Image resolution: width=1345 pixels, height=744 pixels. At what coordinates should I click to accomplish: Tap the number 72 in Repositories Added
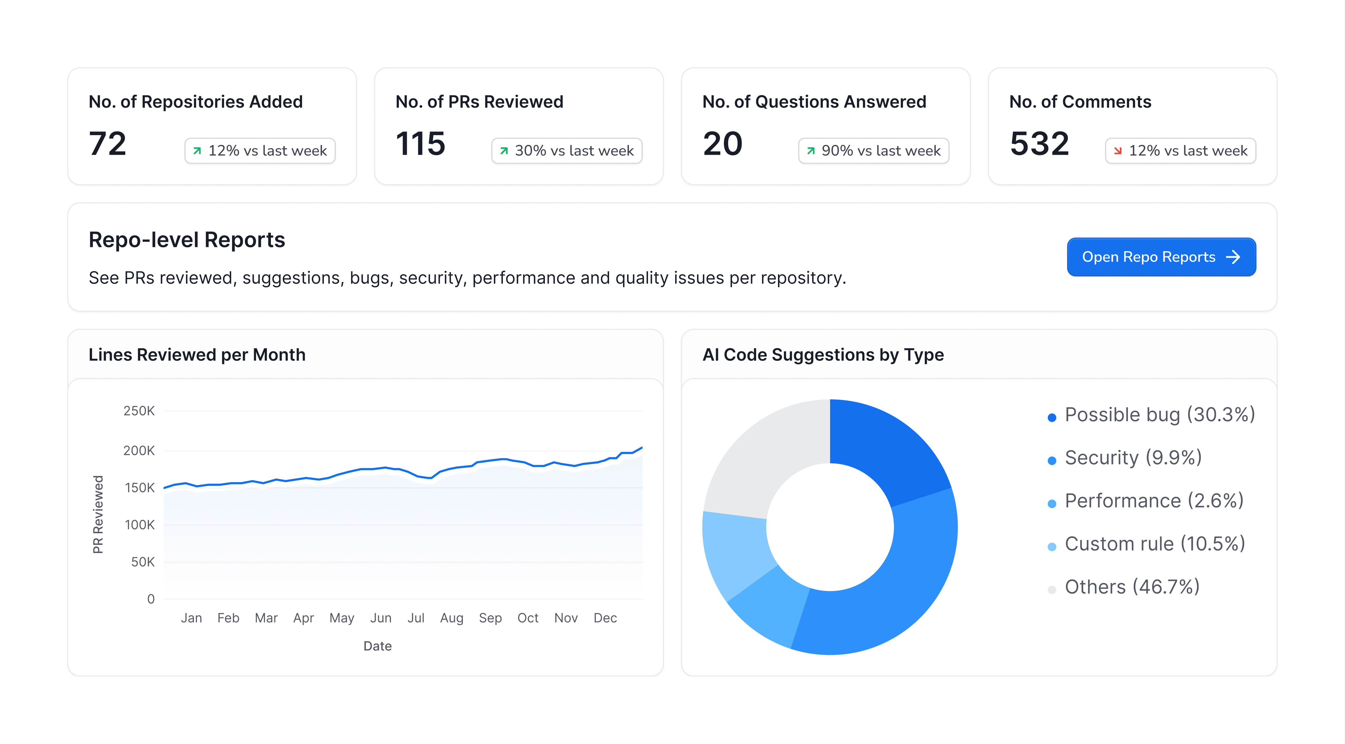pos(108,144)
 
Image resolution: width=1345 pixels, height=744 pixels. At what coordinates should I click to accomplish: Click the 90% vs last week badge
pos(874,151)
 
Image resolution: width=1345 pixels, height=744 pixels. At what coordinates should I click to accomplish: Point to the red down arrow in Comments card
pos(1117,151)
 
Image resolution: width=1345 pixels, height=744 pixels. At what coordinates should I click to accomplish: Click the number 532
pos(1039,144)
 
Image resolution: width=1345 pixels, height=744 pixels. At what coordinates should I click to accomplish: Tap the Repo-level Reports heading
pos(186,240)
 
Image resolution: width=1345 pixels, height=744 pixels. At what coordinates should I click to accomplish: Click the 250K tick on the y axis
pos(139,411)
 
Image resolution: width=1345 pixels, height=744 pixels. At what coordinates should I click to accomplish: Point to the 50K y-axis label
pos(143,562)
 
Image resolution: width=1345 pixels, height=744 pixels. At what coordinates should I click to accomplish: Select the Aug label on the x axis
pos(452,618)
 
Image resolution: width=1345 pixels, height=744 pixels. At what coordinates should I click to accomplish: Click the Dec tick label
pos(605,618)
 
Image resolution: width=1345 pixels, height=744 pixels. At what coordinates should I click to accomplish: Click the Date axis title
pos(377,646)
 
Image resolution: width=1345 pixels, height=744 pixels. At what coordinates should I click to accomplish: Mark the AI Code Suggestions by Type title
pos(823,355)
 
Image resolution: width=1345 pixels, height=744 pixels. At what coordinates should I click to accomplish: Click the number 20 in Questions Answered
pos(722,144)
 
